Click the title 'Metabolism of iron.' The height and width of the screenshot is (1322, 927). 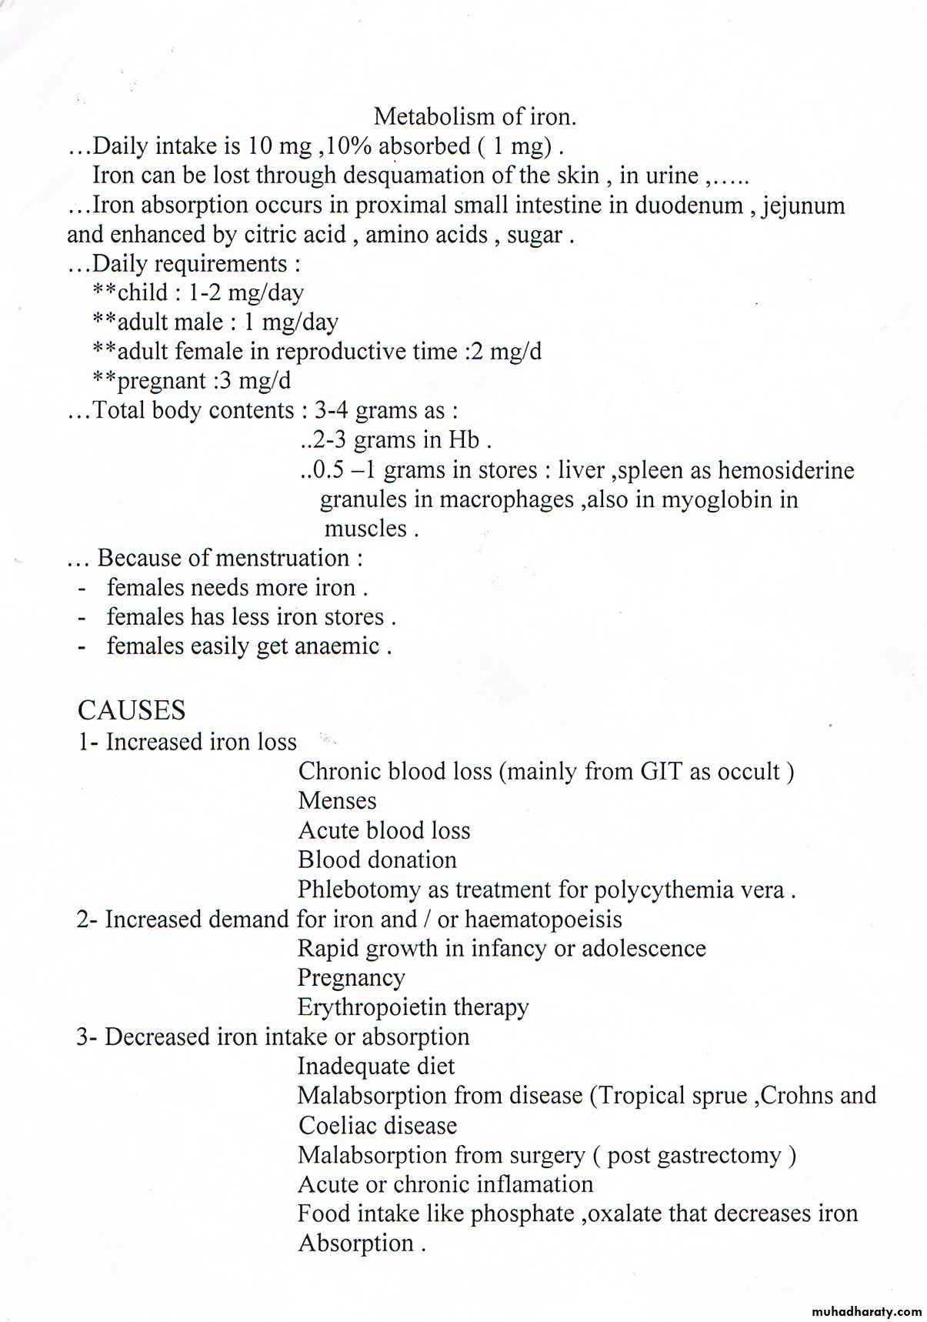pos(475,117)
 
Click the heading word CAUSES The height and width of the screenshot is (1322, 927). pos(132,710)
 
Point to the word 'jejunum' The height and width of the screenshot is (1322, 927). pos(803,206)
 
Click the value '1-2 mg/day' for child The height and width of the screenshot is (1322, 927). pos(246,293)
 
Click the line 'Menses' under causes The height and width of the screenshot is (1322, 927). pos(337,801)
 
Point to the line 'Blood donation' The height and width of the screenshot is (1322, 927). pos(377,860)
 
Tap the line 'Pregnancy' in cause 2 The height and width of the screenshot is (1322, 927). pos(351,978)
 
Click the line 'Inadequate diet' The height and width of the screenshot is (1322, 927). pos(375,1067)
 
